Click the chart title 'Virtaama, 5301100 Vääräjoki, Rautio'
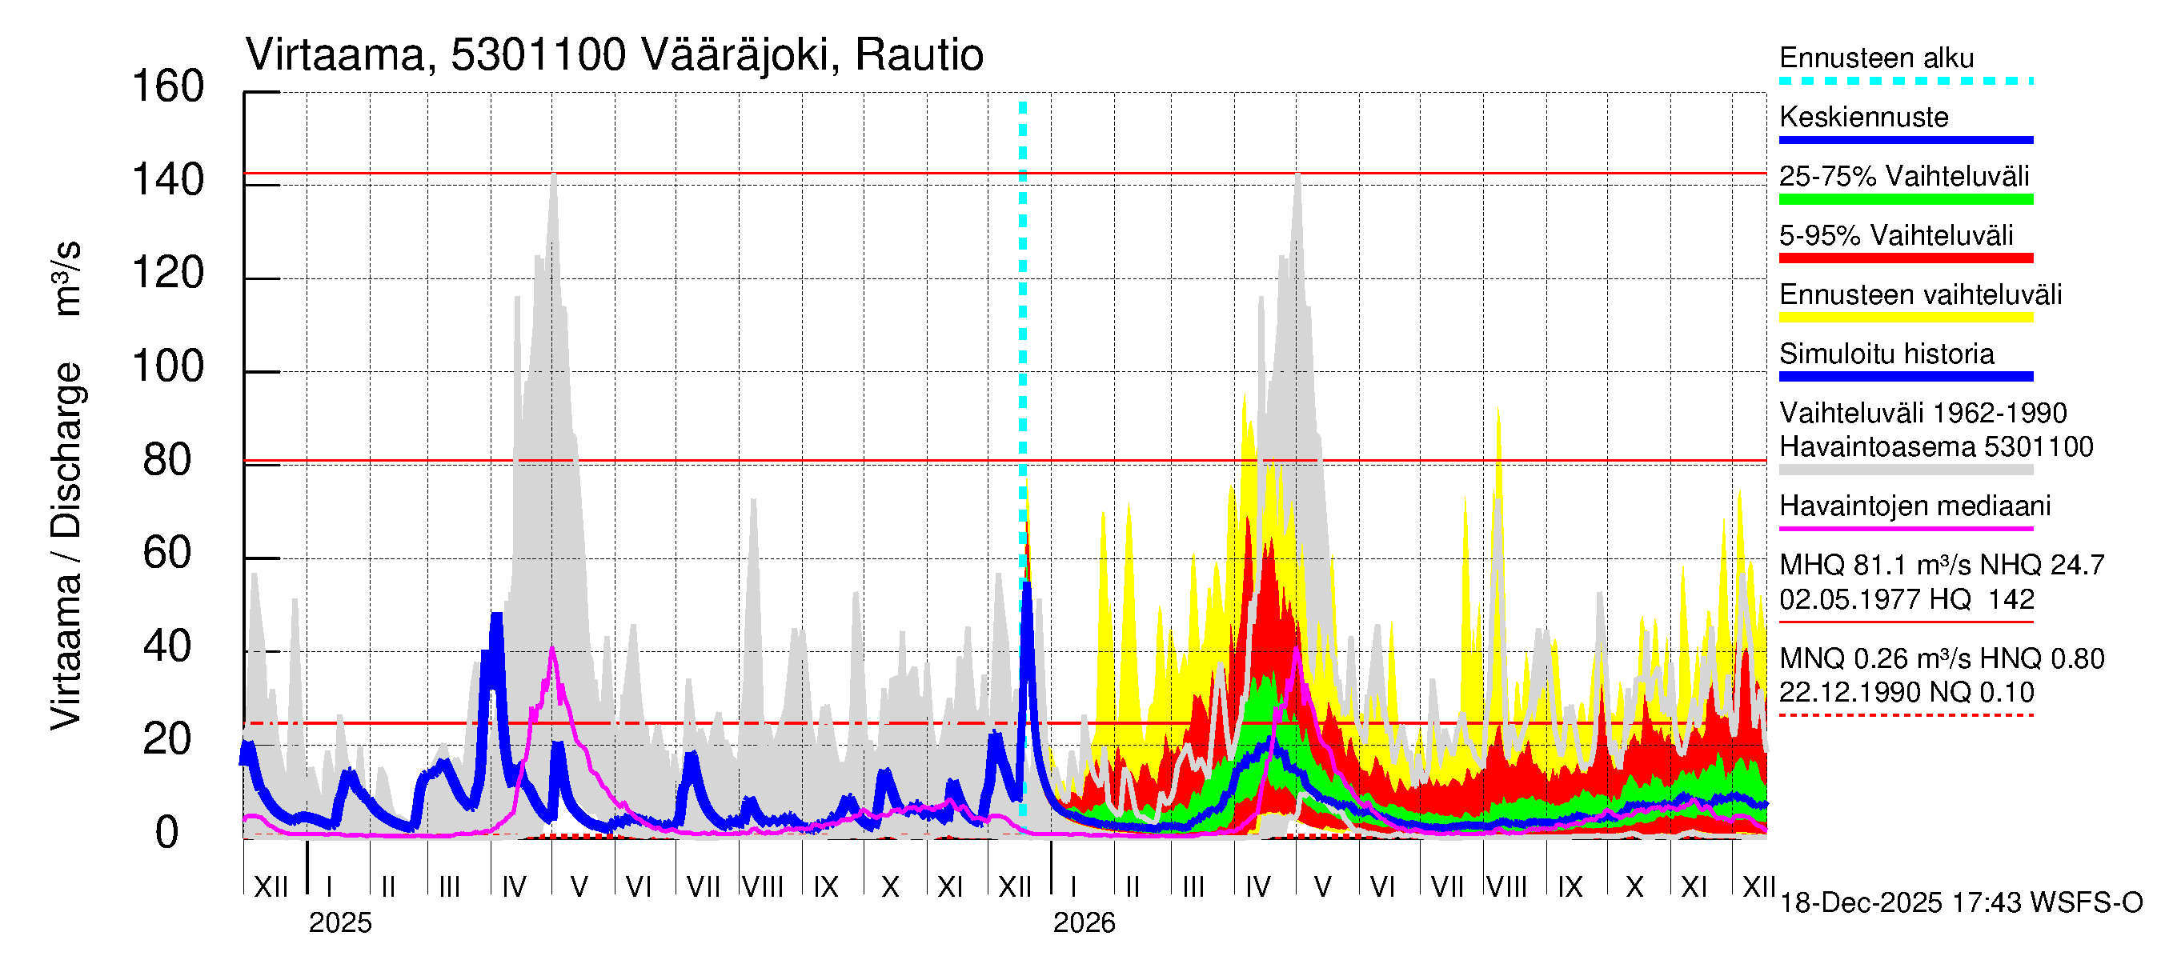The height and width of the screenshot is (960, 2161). coord(614,55)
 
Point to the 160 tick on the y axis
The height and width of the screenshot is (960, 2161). coord(168,87)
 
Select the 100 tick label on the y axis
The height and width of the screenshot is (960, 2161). coord(168,367)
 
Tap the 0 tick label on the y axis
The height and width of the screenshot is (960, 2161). coord(167,834)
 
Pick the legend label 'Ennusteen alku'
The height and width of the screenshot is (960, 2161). coord(1876,58)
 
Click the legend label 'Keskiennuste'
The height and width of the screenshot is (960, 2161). coord(1863,118)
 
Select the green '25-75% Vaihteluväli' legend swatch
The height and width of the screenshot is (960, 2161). coord(1905,199)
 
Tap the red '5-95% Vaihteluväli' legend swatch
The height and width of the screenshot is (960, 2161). coord(1905,258)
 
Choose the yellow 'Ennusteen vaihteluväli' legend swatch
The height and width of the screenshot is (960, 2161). coord(1905,318)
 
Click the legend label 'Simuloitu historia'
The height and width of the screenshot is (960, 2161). coord(1886,354)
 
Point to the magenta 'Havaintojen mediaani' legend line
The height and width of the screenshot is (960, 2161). coord(1905,529)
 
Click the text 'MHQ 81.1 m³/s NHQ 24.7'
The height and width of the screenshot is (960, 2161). coord(1941,566)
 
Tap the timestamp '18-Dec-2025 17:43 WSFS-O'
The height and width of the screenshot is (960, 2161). coord(1960,904)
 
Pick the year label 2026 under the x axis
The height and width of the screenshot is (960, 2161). coord(1084,923)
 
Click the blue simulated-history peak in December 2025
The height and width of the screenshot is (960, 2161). coord(1027,584)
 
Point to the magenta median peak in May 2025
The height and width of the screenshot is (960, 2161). coord(551,650)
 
